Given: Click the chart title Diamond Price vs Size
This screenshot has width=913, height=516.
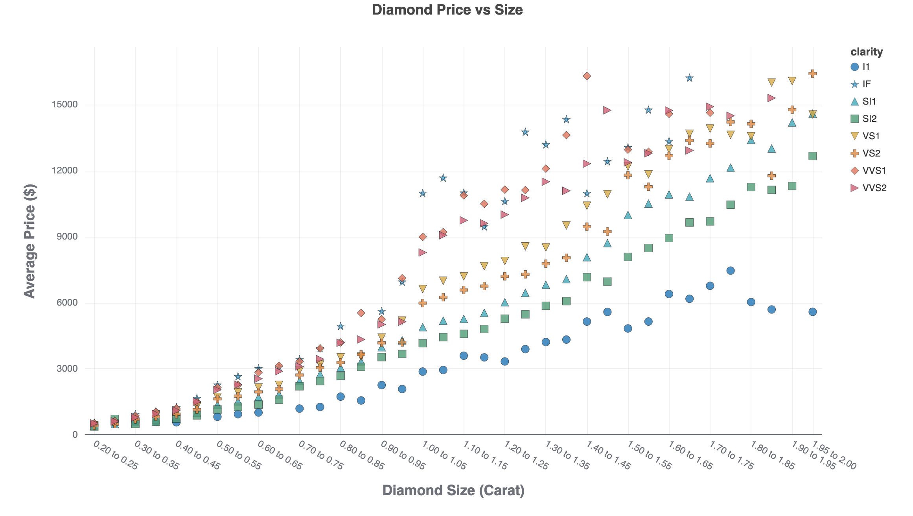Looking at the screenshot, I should [x=447, y=10].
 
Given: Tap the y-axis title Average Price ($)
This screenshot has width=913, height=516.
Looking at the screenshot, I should [x=30, y=241].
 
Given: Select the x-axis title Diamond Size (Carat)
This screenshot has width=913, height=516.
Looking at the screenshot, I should [x=453, y=490].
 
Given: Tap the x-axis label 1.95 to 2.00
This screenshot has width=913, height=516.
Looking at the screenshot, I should [x=834, y=455].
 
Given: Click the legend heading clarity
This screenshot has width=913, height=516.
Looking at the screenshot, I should [x=867, y=52].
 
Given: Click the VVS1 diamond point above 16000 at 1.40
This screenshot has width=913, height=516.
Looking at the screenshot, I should [x=587, y=76].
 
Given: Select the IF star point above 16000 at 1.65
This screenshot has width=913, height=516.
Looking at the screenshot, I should [x=689, y=78].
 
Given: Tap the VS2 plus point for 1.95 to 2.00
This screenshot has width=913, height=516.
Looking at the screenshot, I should [x=813, y=74].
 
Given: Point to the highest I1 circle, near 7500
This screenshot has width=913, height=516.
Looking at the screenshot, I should [x=731, y=271].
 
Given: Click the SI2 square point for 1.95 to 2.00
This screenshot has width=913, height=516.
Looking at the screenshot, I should [x=813, y=156].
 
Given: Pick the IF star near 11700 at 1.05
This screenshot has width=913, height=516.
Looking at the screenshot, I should [x=443, y=178].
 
